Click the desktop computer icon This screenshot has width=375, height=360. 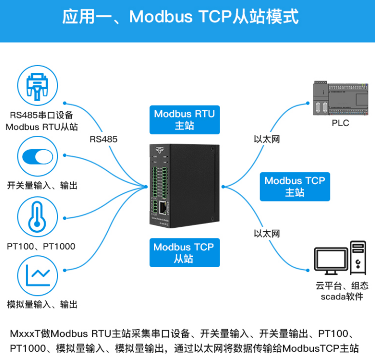(x=340, y=257)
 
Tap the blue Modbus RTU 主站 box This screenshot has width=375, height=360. (x=185, y=119)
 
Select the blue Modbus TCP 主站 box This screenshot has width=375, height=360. (x=294, y=186)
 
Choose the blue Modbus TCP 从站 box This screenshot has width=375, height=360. (x=184, y=253)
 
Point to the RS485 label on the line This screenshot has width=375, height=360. (x=104, y=139)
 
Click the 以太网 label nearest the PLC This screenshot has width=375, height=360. (x=267, y=139)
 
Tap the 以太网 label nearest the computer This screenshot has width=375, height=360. (x=267, y=233)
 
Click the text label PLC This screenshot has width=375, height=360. (x=340, y=123)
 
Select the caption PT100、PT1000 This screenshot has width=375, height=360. (x=41, y=246)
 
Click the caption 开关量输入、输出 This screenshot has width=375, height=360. (x=43, y=186)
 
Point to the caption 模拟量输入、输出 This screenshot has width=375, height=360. (x=43, y=305)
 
